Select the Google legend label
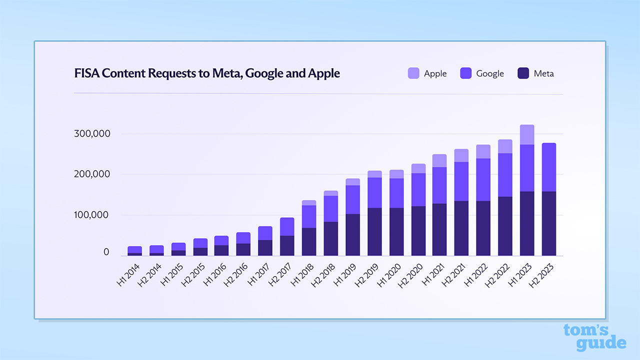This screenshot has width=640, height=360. (x=490, y=73)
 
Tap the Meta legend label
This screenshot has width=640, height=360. (x=543, y=73)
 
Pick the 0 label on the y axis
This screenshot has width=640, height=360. (x=106, y=252)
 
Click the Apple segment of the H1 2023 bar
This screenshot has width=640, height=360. (x=527, y=134)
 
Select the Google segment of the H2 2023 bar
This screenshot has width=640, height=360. (x=549, y=167)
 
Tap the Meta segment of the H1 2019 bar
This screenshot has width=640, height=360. (x=352, y=234)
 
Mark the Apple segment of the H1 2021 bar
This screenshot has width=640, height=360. (x=439, y=160)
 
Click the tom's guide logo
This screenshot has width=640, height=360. (x=594, y=337)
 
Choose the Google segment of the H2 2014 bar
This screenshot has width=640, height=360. (x=156, y=249)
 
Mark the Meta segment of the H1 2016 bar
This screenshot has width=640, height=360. (x=221, y=250)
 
